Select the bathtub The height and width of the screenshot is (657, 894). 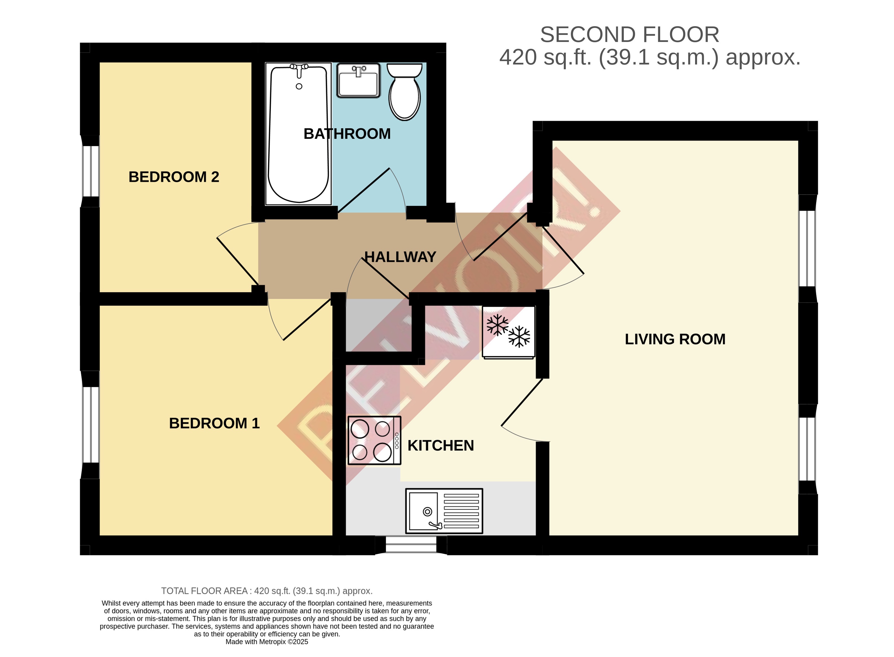tap(298, 134)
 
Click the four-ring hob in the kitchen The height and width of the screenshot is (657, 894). tap(374, 440)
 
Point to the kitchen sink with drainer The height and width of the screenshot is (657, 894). tap(443, 511)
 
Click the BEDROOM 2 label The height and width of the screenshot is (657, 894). tap(174, 177)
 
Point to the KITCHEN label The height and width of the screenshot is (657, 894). tap(440, 446)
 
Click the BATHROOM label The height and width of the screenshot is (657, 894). tap(347, 134)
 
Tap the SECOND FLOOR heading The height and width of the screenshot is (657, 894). tap(629, 35)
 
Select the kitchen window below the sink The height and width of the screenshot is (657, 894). tap(411, 544)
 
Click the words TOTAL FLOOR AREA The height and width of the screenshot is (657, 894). tap(204, 591)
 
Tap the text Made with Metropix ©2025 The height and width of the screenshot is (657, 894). tap(267, 642)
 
